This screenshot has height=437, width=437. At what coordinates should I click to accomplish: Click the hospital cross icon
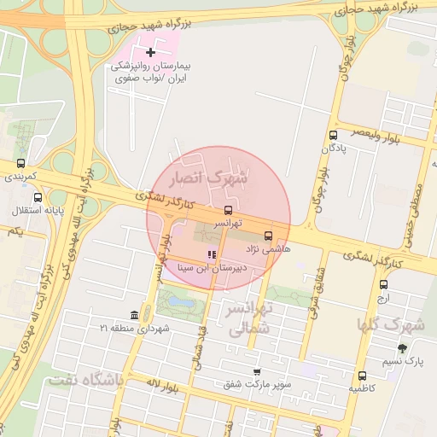(151, 53)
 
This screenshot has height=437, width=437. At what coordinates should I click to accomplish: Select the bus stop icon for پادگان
(333, 135)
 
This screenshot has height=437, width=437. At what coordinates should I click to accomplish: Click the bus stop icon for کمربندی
(20, 164)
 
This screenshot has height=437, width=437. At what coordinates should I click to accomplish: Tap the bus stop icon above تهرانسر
(228, 210)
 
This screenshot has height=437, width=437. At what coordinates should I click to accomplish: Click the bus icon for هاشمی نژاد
(269, 236)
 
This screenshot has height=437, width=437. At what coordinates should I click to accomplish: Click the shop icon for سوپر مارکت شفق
(257, 372)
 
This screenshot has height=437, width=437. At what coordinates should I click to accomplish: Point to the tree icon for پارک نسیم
(402, 348)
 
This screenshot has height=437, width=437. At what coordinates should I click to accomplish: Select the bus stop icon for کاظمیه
(362, 376)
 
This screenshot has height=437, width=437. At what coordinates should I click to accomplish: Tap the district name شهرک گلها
(391, 324)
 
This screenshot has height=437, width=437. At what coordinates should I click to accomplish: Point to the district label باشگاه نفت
(86, 380)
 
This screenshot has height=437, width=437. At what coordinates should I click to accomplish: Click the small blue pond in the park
(181, 300)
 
